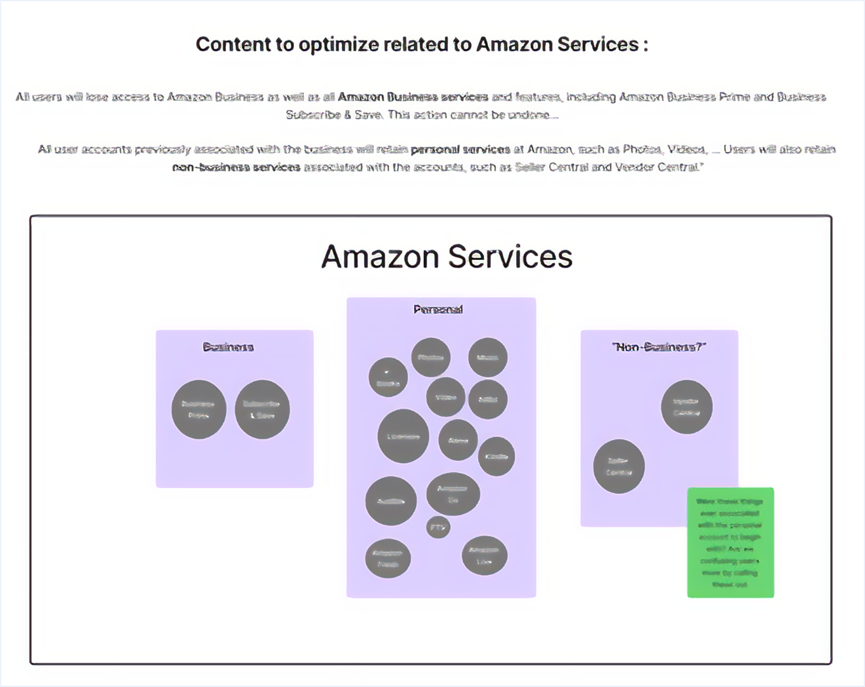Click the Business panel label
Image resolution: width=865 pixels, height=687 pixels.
(228, 347)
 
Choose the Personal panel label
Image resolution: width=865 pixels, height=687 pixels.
(438, 310)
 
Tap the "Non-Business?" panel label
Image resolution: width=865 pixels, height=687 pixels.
(659, 347)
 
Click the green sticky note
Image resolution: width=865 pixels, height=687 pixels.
(730, 542)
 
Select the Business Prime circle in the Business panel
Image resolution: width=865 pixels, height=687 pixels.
(199, 409)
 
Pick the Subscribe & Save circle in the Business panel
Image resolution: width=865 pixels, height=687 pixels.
(262, 409)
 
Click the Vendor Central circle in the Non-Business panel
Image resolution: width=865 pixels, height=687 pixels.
(687, 407)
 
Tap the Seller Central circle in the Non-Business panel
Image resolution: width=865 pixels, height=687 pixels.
(619, 466)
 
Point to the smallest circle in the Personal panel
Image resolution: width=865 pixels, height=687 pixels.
(438, 527)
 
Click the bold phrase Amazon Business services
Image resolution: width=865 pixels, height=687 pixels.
(413, 97)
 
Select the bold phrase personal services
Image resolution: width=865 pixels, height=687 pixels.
(460, 150)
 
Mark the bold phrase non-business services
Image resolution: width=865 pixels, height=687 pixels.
(236, 168)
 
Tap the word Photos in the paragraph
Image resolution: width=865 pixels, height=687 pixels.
(642, 150)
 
